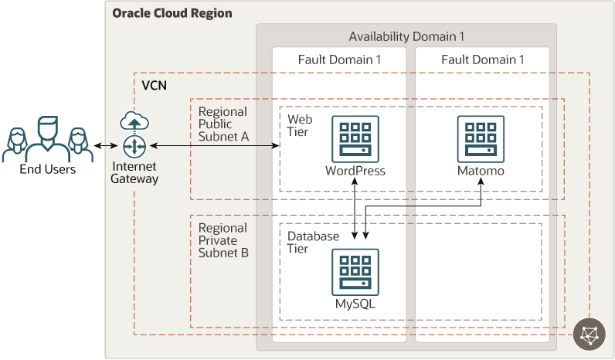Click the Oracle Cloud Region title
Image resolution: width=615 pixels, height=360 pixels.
[172, 14]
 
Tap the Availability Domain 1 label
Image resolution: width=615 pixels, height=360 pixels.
[406, 36]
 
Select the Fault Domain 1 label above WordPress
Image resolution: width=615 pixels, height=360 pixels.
[340, 59]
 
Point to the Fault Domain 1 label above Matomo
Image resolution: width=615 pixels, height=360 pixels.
[483, 59]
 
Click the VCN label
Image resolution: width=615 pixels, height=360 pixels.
[155, 85]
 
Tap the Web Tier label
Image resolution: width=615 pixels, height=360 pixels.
[300, 125]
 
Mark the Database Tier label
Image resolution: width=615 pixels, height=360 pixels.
[314, 242]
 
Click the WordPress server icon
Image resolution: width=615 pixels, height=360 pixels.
[355, 138]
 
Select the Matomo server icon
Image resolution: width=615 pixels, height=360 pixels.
[481, 138]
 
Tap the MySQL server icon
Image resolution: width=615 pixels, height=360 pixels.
[355, 271]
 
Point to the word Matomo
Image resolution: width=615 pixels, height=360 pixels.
[481, 171]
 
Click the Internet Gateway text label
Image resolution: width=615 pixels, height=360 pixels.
[134, 172]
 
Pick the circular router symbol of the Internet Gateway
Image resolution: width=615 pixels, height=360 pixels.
[134, 145]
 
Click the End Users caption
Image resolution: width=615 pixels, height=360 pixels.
[48, 169]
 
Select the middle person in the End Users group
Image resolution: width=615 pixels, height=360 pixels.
[48, 134]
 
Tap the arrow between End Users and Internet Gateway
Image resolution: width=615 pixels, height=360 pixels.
[106, 145]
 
